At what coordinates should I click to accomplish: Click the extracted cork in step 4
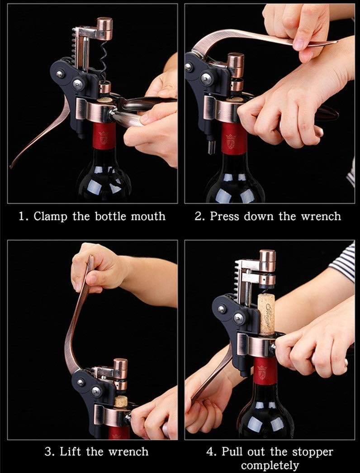point(266,315)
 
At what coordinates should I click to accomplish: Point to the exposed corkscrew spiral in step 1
point(104,62)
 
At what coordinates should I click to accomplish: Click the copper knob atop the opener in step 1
point(104,29)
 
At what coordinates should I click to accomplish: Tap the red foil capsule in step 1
point(104,135)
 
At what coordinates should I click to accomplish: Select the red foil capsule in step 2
point(234,139)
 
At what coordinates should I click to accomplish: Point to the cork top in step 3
point(121,401)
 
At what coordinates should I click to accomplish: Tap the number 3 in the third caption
point(48,452)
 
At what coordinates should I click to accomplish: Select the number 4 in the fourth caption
point(210,452)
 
